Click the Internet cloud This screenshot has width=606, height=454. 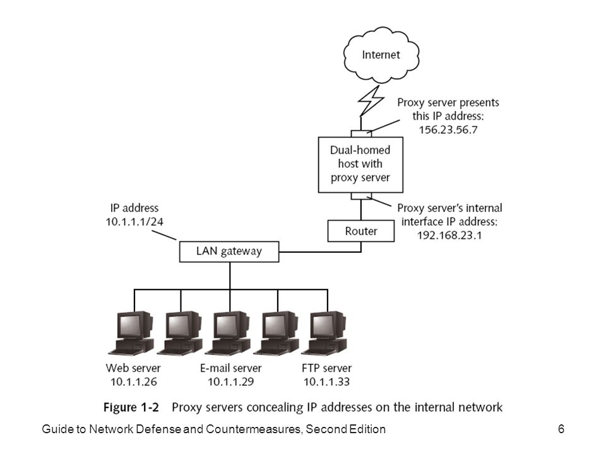[381, 55]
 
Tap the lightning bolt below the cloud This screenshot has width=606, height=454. [371, 101]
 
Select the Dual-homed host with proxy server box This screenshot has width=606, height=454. [360, 165]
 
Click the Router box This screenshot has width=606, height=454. [361, 231]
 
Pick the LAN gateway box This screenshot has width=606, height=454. [229, 252]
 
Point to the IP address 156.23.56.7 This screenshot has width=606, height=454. [448, 130]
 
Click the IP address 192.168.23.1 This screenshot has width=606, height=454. [449, 235]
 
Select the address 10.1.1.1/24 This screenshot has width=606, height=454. [134, 222]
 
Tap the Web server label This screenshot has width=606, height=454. [133, 368]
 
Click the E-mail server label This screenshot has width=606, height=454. [231, 368]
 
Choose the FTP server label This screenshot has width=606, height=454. [326, 368]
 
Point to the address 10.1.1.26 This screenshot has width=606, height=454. [134, 382]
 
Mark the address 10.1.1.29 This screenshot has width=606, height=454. [231, 382]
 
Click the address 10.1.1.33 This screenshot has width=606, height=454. [326, 382]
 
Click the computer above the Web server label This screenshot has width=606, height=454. [132, 333]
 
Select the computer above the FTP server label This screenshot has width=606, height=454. [325, 333]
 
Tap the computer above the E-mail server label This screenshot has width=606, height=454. [229, 333]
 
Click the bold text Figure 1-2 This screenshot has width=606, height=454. [131, 407]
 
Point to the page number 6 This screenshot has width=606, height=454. [561, 429]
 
